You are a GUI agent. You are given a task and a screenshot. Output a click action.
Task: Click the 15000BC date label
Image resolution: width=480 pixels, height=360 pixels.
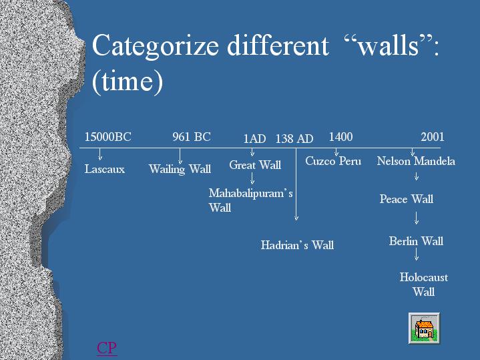coord(107,137)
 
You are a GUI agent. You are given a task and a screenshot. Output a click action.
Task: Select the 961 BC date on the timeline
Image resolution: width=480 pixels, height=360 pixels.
coord(192,137)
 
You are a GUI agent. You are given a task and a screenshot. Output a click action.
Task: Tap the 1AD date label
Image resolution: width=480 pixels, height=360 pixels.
coord(254,139)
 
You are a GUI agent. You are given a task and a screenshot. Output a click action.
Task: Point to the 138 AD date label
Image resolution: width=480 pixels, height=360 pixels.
coord(294,139)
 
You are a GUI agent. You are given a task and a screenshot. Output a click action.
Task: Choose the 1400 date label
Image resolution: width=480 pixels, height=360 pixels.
coord(340,137)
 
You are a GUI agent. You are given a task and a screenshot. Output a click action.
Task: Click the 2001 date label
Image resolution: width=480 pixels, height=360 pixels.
coord(432,137)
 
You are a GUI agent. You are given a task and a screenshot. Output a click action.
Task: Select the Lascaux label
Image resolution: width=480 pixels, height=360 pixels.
coord(105,169)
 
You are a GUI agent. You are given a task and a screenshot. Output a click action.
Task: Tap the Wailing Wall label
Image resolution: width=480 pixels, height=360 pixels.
coord(180,169)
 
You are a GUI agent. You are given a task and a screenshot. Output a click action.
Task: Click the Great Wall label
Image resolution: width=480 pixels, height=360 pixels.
coord(255,165)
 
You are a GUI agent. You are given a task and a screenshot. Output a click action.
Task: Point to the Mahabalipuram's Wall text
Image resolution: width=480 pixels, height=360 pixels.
coord(251,200)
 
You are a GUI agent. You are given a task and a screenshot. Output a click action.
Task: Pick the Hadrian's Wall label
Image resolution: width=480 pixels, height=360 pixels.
coord(297,245)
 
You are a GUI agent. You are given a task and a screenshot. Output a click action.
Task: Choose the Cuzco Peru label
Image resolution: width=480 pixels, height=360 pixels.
coord(333,161)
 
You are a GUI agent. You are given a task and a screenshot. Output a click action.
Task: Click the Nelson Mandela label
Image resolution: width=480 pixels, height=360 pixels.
coord(416,161)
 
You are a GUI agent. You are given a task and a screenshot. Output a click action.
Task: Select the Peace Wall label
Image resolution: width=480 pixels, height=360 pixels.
coord(407,199)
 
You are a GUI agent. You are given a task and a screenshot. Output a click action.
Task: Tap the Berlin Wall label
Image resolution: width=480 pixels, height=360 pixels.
coord(416,241)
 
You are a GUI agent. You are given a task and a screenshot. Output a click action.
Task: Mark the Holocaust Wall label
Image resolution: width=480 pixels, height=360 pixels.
coord(424,285)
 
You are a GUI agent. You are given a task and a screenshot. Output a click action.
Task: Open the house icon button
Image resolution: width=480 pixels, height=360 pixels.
coord(425,329)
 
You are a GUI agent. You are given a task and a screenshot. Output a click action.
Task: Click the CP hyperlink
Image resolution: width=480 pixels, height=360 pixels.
coord(107,349)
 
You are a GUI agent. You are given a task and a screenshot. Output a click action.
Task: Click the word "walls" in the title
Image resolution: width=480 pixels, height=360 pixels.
coord(389,46)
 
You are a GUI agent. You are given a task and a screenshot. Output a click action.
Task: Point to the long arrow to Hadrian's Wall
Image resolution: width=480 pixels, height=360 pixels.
coord(296,184)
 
